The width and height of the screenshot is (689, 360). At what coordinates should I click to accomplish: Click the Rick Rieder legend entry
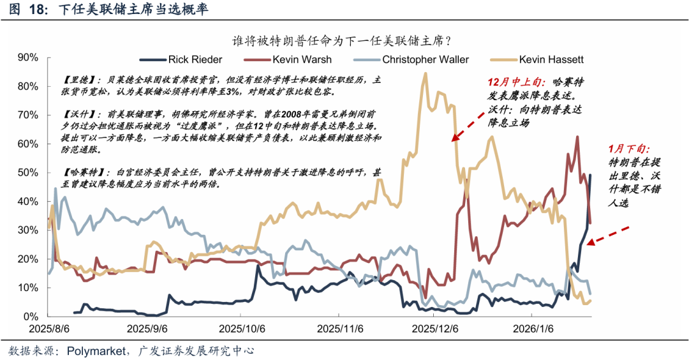(x=195, y=59)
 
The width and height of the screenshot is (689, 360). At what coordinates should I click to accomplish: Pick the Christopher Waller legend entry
(x=426, y=59)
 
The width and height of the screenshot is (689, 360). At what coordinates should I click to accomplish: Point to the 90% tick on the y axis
(x=28, y=57)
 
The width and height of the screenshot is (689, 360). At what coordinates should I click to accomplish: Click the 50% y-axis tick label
(x=28, y=173)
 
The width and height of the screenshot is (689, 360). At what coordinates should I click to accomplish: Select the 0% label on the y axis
(x=31, y=317)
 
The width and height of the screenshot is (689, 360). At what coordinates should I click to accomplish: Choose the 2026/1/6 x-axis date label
(x=528, y=329)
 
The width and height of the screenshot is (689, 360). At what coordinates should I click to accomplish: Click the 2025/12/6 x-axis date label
(x=436, y=329)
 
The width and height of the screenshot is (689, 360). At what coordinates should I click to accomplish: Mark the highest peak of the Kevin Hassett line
(x=425, y=73)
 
